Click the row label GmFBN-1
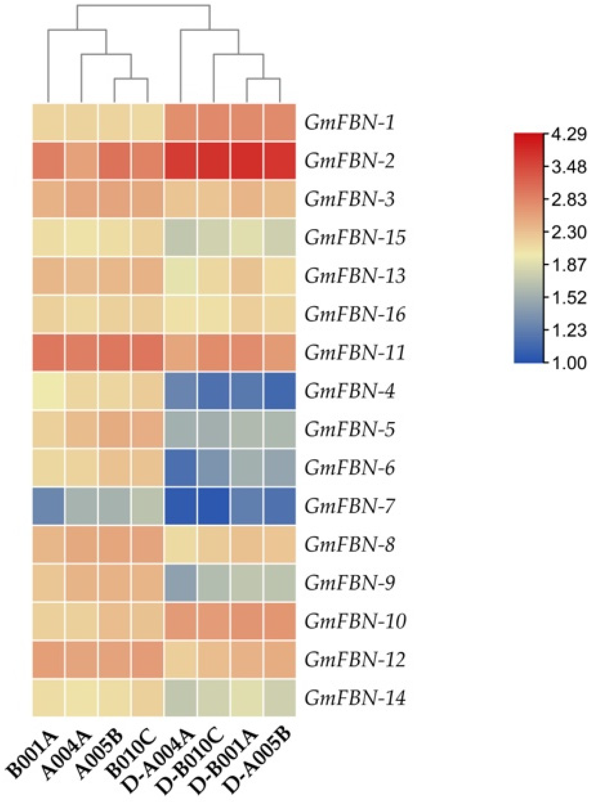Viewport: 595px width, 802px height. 349,123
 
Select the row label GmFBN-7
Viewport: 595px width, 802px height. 349,507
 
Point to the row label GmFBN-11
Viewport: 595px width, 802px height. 355,354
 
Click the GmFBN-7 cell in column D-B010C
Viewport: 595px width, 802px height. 213,507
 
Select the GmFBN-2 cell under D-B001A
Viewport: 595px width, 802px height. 247,161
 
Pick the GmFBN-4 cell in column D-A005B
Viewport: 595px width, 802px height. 280,392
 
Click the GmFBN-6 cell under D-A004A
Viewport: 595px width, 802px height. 180,468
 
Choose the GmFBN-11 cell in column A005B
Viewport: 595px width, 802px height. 115,354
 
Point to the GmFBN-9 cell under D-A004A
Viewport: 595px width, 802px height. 180,584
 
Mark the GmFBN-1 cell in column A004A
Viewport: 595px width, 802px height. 81,123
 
